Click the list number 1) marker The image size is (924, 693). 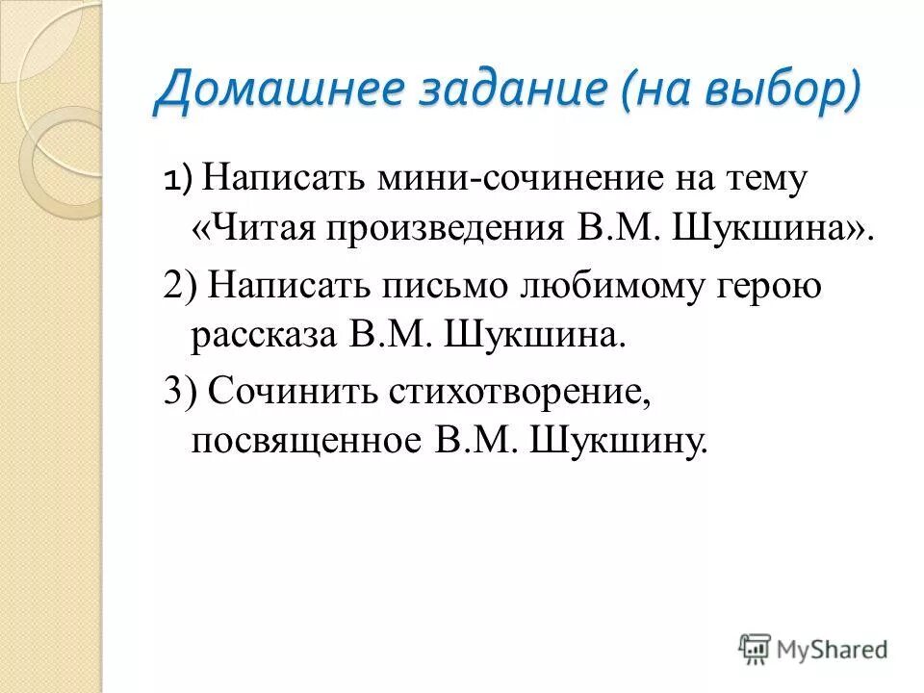coord(178,179)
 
